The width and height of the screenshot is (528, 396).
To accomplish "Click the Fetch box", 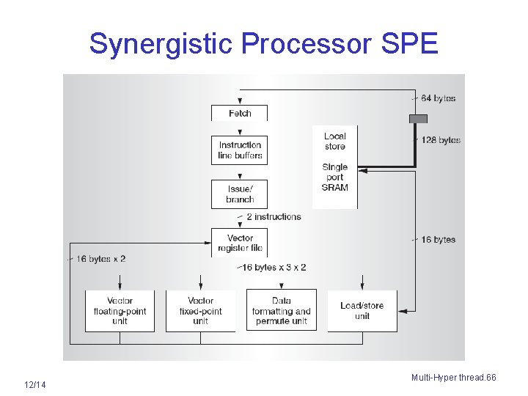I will point(240,113).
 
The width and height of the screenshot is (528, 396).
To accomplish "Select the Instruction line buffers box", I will point(240,150).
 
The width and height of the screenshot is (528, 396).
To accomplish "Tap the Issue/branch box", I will point(240,194).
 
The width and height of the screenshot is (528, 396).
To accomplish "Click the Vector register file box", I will point(240,243).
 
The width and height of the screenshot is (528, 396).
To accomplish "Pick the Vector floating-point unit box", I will point(120,311).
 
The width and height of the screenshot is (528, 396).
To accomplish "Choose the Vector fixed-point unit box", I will point(200,311).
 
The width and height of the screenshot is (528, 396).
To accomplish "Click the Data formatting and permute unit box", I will point(282,311).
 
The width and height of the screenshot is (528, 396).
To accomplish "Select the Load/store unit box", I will point(362,311).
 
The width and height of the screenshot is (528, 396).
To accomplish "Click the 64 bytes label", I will point(439,98).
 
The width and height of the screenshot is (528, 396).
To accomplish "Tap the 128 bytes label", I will point(441,140).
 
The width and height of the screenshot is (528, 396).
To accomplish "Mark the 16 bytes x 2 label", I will point(101,259).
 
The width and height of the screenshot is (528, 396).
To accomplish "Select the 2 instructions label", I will point(274,217).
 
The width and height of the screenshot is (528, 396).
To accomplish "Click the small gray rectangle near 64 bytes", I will point(418,119).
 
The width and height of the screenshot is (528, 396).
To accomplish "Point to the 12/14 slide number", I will point(34,385).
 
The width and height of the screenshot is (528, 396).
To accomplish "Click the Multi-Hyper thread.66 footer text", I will point(453,378).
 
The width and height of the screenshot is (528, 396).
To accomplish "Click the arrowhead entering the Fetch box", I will point(240,102).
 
